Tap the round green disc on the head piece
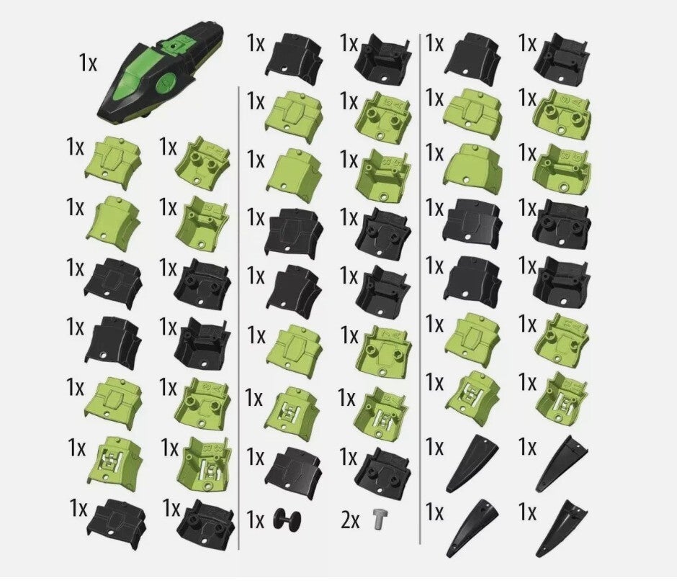coord(166,82)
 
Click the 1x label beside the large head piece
coord(88,63)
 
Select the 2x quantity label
coord(350,520)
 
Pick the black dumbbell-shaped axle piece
coord(287,520)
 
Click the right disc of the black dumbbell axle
coord(296,520)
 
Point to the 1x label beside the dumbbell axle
coord(255,520)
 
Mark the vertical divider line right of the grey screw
coord(420,289)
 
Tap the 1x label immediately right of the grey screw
coord(434,512)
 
